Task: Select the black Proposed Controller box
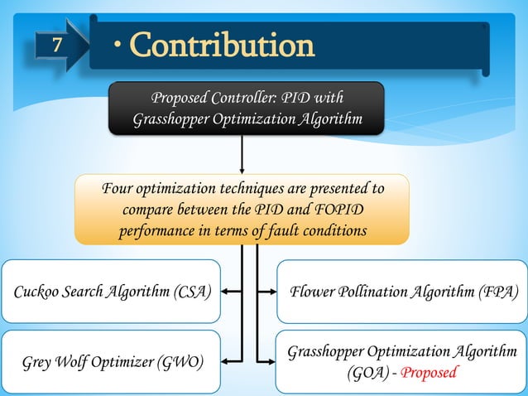(247, 109)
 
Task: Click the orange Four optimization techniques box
(242, 210)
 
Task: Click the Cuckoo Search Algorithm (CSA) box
(111, 292)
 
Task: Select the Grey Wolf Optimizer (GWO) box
(111, 362)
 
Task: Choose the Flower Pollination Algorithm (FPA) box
(401, 292)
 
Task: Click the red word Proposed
(428, 372)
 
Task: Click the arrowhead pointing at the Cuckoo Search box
(227, 292)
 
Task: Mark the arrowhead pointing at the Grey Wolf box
(227, 361)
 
